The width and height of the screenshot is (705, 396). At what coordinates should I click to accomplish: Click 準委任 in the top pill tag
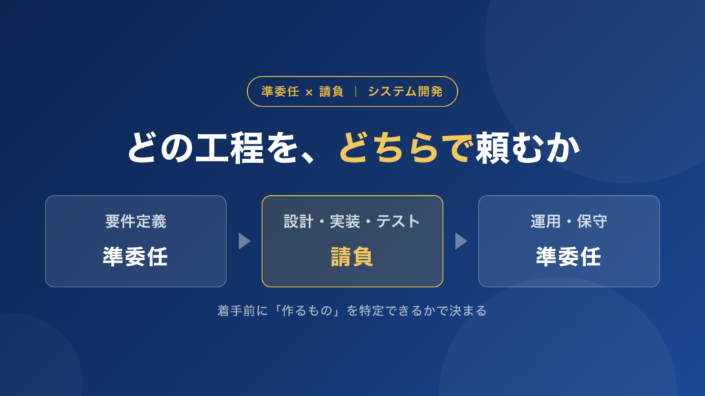(x=280, y=91)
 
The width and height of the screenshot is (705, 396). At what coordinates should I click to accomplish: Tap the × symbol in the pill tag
(x=309, y=93)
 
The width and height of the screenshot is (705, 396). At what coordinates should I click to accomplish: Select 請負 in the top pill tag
(x=331, y=91)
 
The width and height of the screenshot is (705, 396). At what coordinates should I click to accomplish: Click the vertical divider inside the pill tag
(x=356, y=91)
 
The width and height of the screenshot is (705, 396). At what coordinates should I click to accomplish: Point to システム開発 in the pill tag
(x=406, y=91)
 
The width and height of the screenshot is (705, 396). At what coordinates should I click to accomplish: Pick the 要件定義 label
(x=136, y=221)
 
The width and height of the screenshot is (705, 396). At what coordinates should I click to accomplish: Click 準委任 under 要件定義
(x=136, y=257)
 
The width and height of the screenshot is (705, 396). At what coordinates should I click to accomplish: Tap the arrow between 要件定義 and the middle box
(x=244, y=241)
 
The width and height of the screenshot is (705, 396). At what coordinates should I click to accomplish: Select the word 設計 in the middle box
(x=299, y=221)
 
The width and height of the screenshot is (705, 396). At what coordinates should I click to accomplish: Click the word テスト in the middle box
(x=399, y=221)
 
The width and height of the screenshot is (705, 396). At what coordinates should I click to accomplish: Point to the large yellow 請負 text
(x=352, y=257)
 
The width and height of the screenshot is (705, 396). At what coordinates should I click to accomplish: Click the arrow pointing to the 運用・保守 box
(x=461, y=241)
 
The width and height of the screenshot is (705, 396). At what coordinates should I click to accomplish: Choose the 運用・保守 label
(x=569, y=221)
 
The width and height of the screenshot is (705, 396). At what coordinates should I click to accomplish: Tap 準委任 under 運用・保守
(x=569, y=257)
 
